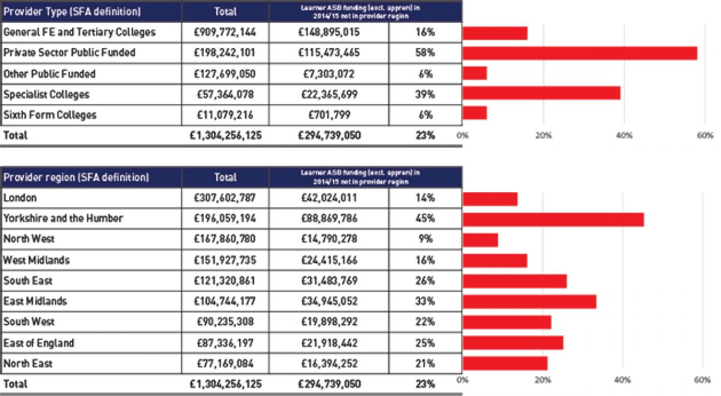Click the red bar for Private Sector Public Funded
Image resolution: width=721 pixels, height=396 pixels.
click(x=579, y=53)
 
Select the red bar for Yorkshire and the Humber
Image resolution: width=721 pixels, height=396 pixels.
click(x=553, y=219)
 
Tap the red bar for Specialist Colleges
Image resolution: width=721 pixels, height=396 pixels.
click(x=541, y=94)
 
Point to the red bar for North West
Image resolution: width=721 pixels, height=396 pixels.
click(x=480, y=240)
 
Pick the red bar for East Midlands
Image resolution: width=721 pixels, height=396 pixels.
click(x=529, y=302)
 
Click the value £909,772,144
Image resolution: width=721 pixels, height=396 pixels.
click(x=226, y=32)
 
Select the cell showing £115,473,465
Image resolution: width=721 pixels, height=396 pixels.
click(x=329, y=53)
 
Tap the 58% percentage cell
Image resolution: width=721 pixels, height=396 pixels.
click(x=425, y=53)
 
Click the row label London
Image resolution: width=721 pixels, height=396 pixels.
click(x=20, y=198)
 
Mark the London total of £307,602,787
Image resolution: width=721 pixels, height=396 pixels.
click(x=226, y=198)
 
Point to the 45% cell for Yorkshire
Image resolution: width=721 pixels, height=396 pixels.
click(x=425, y=219)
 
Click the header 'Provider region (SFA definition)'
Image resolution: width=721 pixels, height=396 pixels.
click(x=76, y=178)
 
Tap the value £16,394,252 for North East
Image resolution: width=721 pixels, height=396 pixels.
click(x=329, y=364)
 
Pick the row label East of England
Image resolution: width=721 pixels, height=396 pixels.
click(x=39, y=343)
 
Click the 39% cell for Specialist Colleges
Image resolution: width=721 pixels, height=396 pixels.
click(x=425, y=94)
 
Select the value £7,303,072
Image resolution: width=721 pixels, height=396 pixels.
click(x=329, y=74)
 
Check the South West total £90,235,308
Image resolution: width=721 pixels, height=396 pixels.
click(x=226, y=322)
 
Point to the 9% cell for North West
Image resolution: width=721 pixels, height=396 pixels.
click(x=425, y=239)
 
